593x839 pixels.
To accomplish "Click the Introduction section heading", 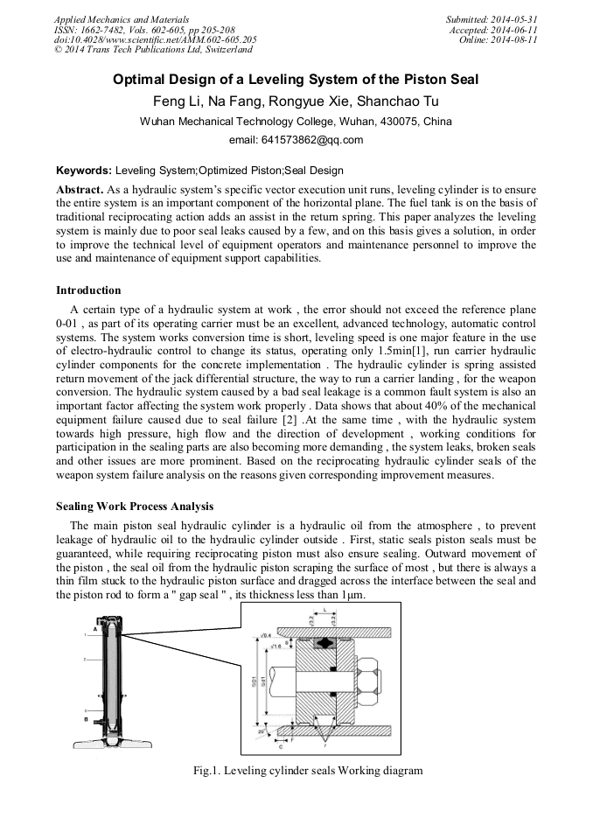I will point(88,290).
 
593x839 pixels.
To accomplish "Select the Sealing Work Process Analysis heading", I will point(134,506).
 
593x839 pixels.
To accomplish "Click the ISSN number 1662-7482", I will point(103,30).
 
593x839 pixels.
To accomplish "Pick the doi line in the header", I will point(155,40).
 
